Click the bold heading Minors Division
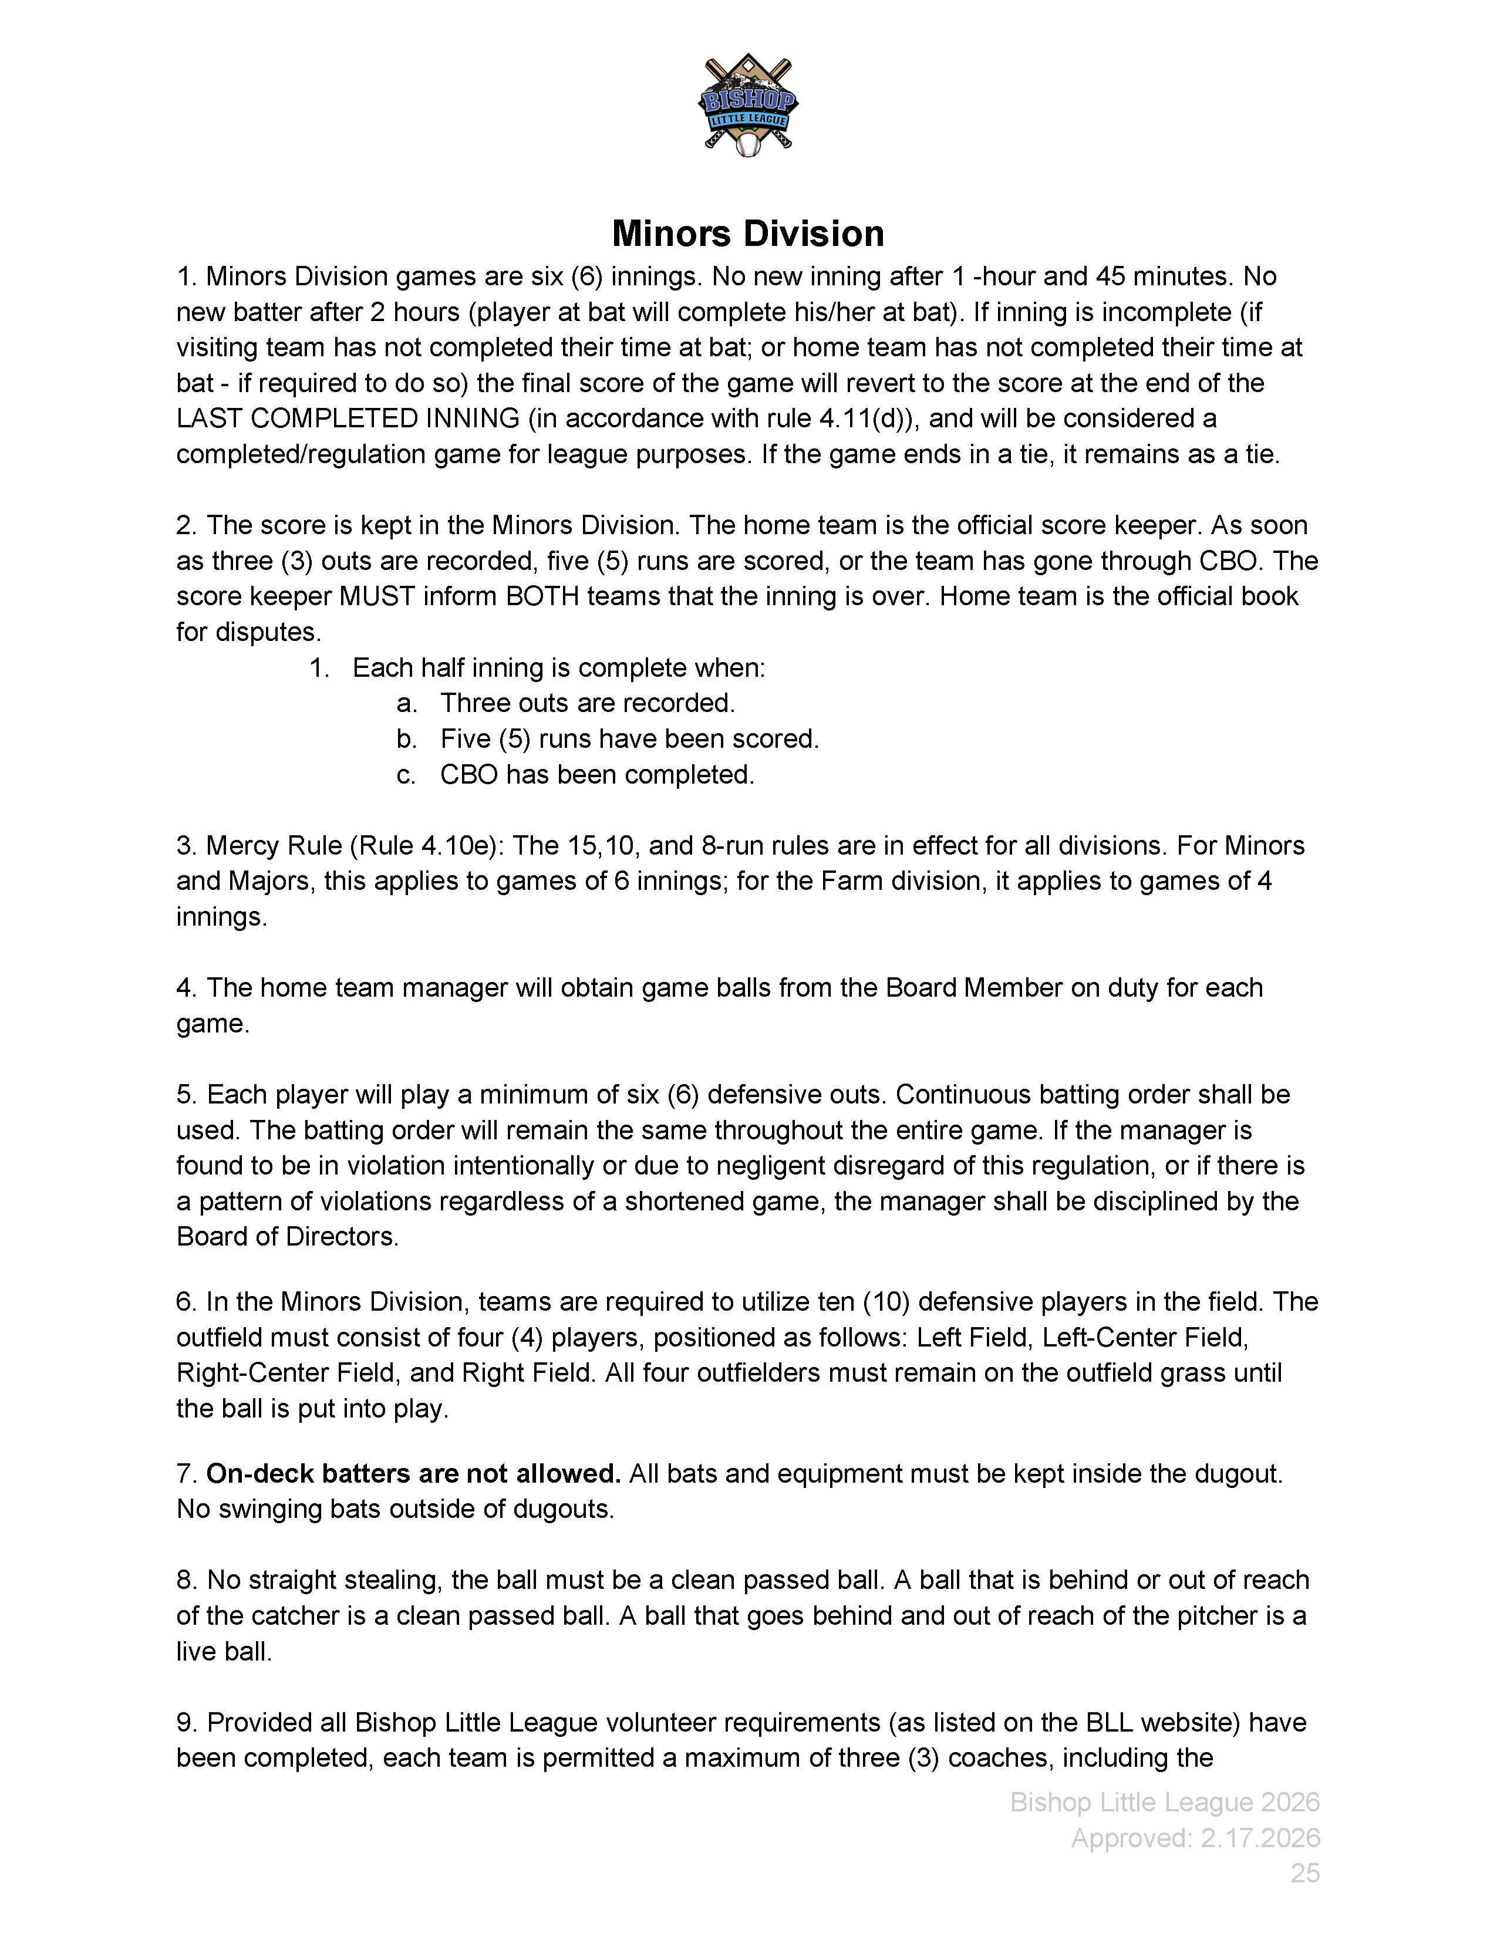tap(747, 233)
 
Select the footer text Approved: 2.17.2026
tap(1195, 1838)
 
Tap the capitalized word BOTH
tap(544, 596)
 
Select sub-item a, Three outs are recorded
tap(587, 703)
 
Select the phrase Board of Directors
tap(286, 1236)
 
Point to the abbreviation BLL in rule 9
tap(1108, 1722)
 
